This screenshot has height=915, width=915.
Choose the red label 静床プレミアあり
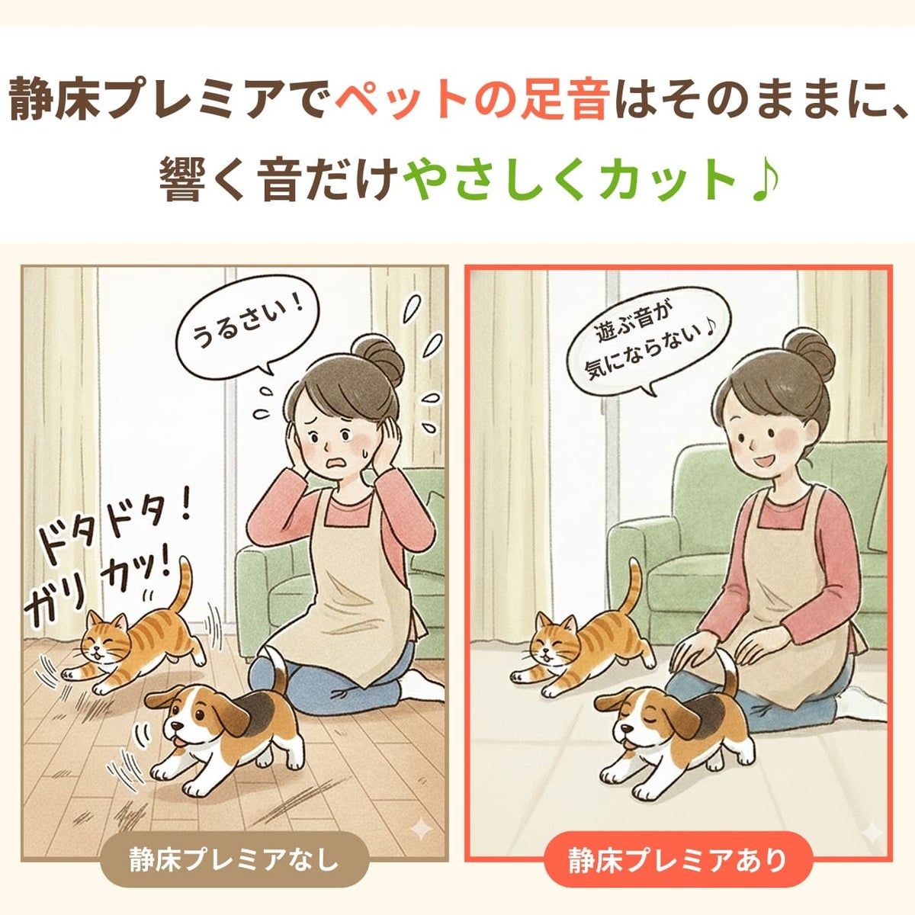pyautogui.click(x=678, y=859)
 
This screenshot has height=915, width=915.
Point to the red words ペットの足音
pyautogui.click(x=471, y=103)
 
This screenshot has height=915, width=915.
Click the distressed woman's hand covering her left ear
pyautogui.click(x=390, y=445)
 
